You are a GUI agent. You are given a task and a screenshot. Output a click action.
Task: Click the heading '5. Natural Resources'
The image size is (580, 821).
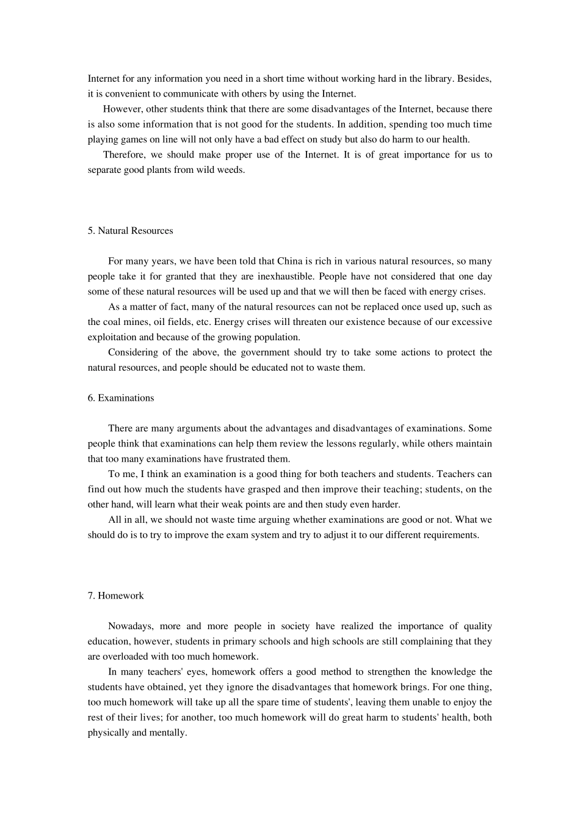pos(130,231)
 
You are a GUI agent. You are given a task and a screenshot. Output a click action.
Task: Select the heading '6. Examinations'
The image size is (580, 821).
pos(121,398)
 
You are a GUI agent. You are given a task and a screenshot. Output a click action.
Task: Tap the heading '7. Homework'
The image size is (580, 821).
pos(116,596)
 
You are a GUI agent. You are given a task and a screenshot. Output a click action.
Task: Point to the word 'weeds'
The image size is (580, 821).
pos(231,170)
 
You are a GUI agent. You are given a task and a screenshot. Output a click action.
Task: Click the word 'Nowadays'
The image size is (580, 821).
pos(128,626)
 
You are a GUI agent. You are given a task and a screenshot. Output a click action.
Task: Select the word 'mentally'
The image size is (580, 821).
pos(168,733)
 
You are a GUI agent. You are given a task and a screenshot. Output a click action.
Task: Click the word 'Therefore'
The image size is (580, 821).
pos(124,155)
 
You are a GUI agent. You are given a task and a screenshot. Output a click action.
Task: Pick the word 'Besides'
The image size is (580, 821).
pos(474,79)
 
